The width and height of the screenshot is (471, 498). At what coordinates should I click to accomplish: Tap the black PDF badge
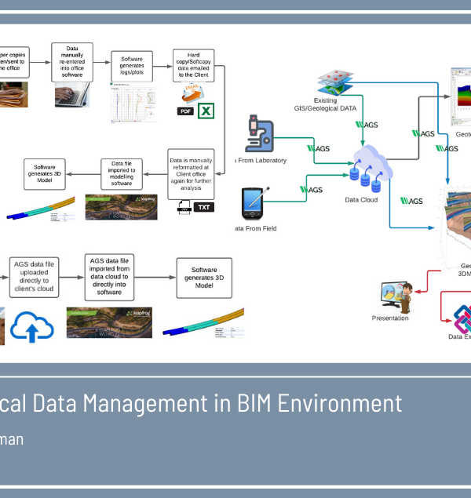coord(186,111)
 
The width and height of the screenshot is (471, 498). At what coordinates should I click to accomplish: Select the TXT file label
coord(204,208)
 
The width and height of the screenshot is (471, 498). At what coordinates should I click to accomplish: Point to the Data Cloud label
coord(361,199)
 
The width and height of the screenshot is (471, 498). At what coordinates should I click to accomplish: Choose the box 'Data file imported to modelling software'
coord(121,173)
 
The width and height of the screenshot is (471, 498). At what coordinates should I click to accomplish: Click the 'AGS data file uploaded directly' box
coord(35,276)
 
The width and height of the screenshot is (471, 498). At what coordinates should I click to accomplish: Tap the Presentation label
coord(390,318)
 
